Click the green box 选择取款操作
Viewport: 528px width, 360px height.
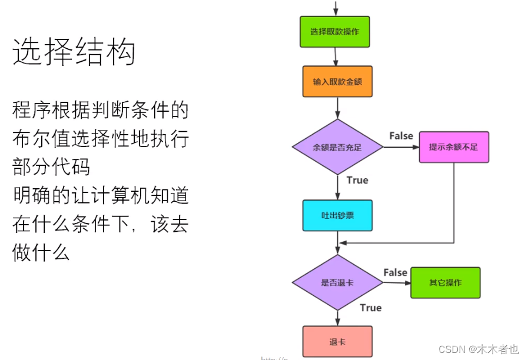(334, 31)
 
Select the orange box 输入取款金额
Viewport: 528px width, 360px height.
(338, 81)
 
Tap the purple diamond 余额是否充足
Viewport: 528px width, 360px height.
(337, 147)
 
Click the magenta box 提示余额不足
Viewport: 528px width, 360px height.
(454, 147)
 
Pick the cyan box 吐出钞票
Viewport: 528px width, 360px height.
(337, 215)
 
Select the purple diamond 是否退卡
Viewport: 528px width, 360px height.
(337, 282)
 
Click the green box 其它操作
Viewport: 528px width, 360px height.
(446, 282)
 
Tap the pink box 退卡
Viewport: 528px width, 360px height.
(337, 342)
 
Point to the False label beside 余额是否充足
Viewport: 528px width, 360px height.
(401, 136)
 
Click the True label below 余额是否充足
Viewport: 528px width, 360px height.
(357, 180)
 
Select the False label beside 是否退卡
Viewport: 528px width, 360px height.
(395, 272)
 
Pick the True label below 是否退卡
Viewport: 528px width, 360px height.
(370, 308)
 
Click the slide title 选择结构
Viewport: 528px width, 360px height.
(74, 53)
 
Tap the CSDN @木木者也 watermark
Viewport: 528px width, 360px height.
(479, 349)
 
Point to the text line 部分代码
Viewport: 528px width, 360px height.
(51, 166)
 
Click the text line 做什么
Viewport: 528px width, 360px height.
(41, 252)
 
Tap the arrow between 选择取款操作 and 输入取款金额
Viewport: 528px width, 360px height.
(336, 56)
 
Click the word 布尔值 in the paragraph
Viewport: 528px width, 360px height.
(41, 139)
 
